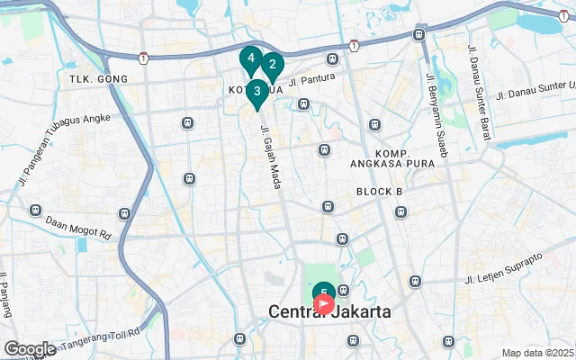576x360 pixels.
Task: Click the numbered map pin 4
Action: pyautogui.click(x=250, y=60)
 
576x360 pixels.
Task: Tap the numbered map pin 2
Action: pyautogui.click(x=272, y=65)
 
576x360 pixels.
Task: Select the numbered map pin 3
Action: pyautogui.click(x=257, y=91)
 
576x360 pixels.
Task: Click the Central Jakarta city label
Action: pyautogui.click(x=329, y=312)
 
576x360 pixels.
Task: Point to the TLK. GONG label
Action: pyautogui.click(x=98, y=79)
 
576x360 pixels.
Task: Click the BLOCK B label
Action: pyautogui.click(x=379, y=192)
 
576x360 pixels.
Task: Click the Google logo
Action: pyautogui.click(x=30, y=349)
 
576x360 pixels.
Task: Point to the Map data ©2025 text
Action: pyautogui.click(x=537, y=353)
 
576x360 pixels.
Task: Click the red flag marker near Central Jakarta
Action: pyautogui.click(x=324, y=304)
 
